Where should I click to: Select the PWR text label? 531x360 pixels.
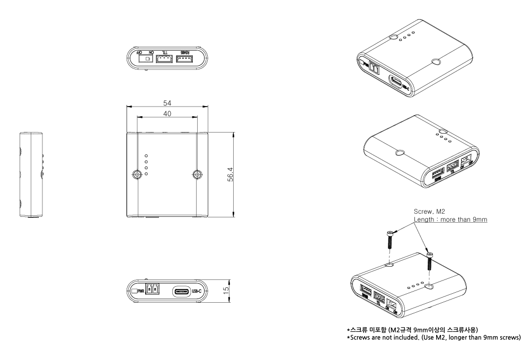tap(141, 291)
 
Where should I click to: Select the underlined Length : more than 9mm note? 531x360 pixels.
tap(450, 219)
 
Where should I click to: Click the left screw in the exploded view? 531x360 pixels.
tap(390, 240)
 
